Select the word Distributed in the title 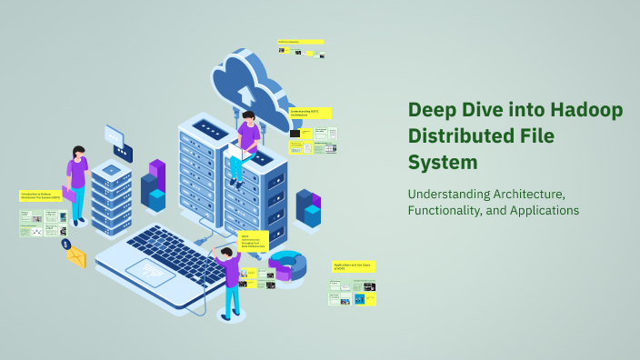(457, 137)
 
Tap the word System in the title (442, 164)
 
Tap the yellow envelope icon (75, 257)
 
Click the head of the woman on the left (79, 152)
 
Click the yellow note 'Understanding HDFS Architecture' (310, 113)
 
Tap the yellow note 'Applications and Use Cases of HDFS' (353, 266)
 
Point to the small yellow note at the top (301, 42)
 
